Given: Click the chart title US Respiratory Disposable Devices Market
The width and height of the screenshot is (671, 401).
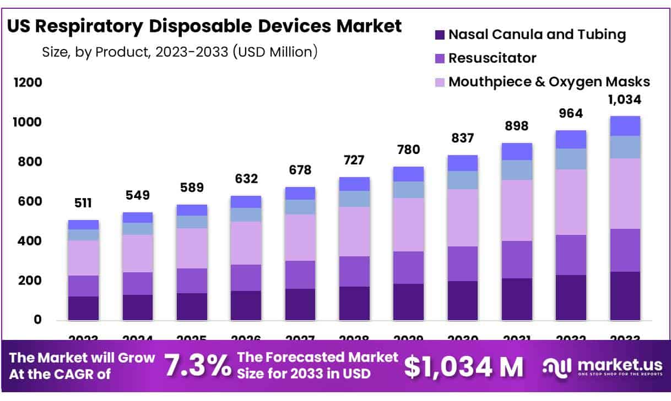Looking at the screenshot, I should point(204,26).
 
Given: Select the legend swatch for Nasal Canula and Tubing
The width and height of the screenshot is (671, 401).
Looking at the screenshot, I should point(439,35).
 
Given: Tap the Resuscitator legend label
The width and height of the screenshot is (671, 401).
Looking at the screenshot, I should point(492,58).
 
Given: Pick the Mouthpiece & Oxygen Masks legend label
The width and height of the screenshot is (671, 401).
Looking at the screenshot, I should point(549,82).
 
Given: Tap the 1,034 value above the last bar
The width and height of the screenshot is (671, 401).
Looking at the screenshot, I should point(625,100).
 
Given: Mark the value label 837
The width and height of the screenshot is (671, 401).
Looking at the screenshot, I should point(462,139).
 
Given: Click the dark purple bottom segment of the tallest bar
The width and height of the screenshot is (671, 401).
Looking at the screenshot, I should point(625,296).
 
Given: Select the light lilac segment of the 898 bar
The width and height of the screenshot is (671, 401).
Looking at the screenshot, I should point(516,210).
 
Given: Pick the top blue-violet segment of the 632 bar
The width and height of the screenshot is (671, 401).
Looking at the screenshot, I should point(246,201).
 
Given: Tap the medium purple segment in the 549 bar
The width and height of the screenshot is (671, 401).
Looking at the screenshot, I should point(137,283).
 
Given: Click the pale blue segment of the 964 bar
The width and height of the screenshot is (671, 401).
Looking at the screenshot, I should point(571,158).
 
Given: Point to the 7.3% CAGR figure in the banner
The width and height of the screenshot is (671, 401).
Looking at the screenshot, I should point(198,365).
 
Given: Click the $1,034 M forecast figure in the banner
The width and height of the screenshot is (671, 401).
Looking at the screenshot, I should point(463,366).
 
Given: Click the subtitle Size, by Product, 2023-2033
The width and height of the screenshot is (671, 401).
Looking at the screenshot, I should point(180,52).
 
